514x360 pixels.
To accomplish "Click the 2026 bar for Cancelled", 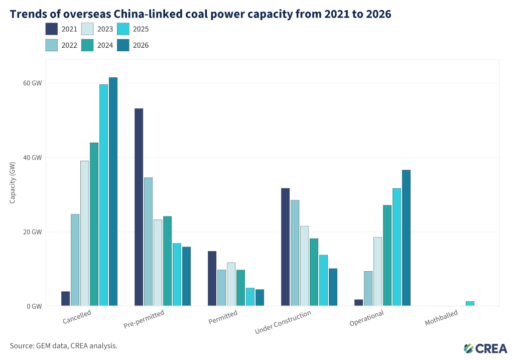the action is pos(113,191).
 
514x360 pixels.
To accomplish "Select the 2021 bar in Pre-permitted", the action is pos(139,207).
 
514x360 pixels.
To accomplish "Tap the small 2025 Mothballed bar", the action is pos(470,304).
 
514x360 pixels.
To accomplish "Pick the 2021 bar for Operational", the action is pos(358,303).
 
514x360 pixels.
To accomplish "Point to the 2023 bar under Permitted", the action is pos(231,284).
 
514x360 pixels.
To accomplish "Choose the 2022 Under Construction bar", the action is pos(295,253).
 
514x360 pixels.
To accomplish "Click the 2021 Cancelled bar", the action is pos(65,299).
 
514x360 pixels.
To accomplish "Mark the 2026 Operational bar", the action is pos(406,237).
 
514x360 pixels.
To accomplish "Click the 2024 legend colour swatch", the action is pos(87,45).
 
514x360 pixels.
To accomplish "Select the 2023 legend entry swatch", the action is pos(87,29).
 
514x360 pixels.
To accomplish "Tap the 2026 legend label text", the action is pos(141,45).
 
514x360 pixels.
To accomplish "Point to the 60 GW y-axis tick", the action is pos(33,83).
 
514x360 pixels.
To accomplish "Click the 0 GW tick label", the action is pos(35,306).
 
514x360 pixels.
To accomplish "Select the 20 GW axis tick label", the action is pos(33,232).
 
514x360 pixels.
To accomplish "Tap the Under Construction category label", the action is pos(283,322).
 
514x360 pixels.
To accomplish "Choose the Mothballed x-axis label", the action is pos(441,318).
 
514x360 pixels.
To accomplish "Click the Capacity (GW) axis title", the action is pos(13,183).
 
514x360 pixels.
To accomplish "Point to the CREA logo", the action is pos(485,348).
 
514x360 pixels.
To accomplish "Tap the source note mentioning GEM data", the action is pos(64,345).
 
